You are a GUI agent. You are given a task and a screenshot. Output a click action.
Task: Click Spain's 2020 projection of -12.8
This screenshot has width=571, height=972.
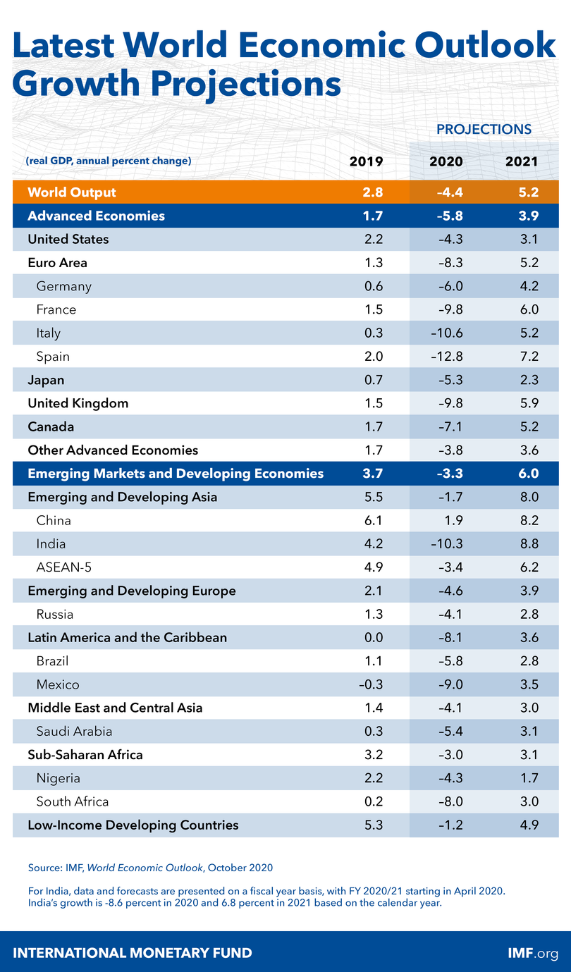pyautogui.click(x=446, y=357)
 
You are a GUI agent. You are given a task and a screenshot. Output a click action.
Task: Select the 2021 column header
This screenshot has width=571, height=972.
pyautogui.click(x=522, y=161)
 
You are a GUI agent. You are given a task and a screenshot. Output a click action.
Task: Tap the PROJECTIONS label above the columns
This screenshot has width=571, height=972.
pyautogui.click(x=484, y=130)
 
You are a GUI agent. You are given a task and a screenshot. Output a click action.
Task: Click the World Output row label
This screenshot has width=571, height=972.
pyautogui.click(x=72, y=192)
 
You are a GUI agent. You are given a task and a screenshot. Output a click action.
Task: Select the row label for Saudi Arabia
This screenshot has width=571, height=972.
pyautogui.click(x=74, y=732)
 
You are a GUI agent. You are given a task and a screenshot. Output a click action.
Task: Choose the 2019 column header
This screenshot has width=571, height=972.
pyautogui.click(x=367, y=161)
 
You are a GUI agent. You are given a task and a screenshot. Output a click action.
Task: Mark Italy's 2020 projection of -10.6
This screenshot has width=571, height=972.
pyautogui.click(x=446, y=333)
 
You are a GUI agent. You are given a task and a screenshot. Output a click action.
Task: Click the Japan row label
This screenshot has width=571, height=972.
pyautogui.click(x=46, y=380)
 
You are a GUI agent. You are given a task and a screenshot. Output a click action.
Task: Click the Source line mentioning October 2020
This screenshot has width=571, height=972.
pyautogui.click(x=150, y=867)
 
